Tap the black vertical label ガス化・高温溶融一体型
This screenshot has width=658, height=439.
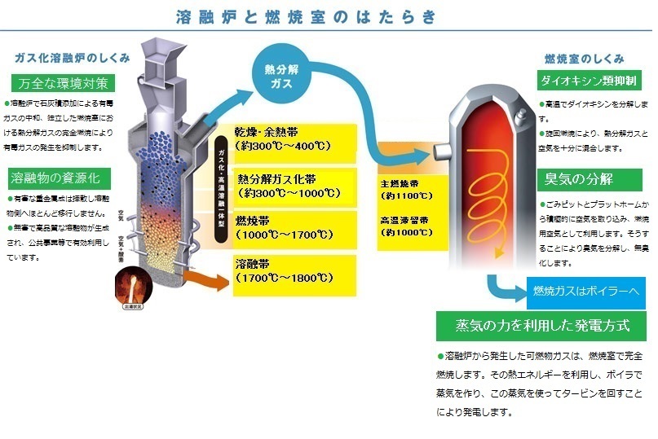(221, 187)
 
